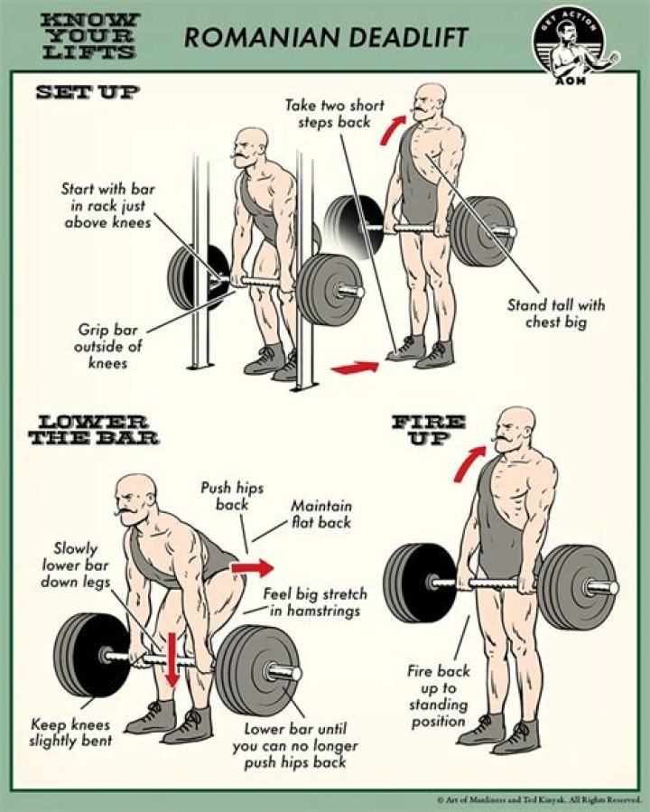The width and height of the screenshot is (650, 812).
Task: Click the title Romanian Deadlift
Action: point(327,37)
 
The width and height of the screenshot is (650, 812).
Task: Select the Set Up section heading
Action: point(87,92)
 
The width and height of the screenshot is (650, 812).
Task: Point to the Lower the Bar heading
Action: point(93,431)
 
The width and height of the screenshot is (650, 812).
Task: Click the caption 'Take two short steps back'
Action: point(334,114)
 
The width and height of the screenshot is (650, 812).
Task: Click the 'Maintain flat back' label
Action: point(321,514)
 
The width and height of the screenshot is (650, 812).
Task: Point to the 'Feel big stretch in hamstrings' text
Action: point(315,602)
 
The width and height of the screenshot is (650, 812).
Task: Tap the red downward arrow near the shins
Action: point(172,659)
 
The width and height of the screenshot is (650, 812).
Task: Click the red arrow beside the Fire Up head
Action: point(469,463)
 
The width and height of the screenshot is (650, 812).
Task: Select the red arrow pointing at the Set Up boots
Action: point(354,367)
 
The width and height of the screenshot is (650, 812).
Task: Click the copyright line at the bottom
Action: point(538,799)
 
